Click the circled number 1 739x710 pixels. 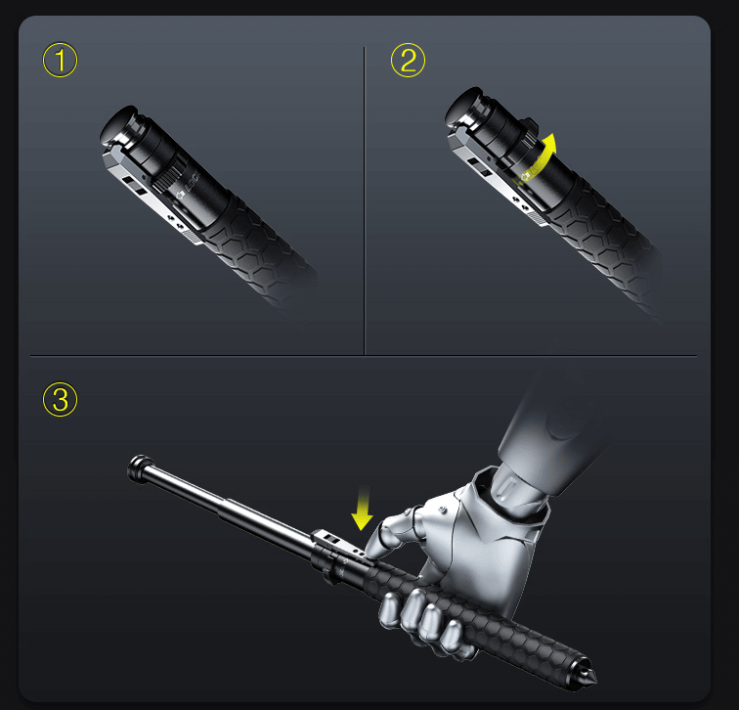tap(61, 61)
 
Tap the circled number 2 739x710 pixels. tap(408, 61)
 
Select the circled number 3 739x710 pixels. tap(61, 398)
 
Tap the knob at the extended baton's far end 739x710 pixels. tap(140, 466)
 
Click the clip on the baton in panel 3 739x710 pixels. tap(337, 544)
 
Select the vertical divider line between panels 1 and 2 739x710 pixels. tap(365, 196)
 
